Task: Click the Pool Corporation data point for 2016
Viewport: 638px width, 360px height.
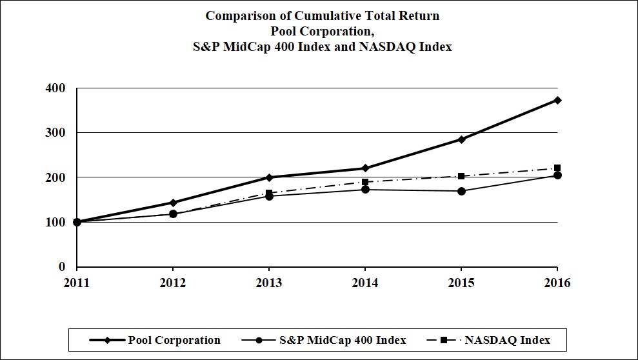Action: point(557,100)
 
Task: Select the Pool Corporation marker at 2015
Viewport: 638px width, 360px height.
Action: point(461,139)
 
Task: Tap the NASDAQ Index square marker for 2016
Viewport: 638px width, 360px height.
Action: point(557,168)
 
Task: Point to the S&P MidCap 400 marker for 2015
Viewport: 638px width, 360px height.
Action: point(461,191)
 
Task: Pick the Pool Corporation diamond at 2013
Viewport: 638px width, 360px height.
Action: point(269,177)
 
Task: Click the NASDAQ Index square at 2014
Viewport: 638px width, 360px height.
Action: point(365,182)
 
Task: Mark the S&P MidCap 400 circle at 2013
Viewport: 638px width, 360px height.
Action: point(269,196)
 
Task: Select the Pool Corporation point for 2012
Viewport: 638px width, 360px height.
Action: point(173,203)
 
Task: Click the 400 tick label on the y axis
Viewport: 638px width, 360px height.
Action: point(59,88)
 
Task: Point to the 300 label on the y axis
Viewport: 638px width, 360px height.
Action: point(59,133)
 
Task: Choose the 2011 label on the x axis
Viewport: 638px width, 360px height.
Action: point(77,283)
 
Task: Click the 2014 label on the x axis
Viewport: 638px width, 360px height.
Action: point(365,283)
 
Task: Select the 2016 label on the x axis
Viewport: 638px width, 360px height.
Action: point(557,283)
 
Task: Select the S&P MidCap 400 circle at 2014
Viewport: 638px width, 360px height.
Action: point(365,190)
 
